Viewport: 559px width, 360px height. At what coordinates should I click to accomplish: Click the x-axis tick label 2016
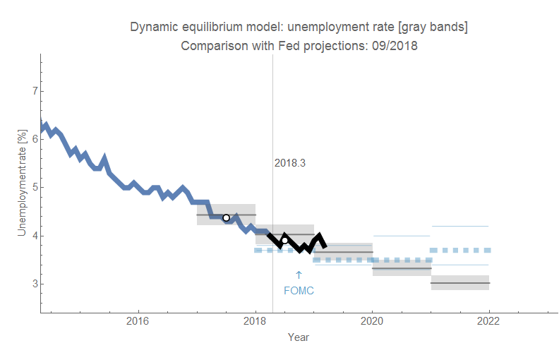point(138,321)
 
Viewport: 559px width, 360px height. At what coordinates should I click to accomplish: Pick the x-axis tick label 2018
point(255,321)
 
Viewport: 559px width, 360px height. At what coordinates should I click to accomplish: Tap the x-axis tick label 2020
point(372,321)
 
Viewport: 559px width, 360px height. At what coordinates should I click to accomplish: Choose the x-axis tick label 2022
point(488,321)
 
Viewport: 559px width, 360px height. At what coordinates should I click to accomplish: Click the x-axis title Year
point(298,337)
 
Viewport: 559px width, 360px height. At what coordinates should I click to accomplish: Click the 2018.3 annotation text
point(289,163)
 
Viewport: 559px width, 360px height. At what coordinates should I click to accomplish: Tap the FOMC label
point(299,290)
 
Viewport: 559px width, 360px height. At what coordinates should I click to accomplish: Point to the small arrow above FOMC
point(299,275)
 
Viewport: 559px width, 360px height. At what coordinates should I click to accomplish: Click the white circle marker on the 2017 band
point(226,217)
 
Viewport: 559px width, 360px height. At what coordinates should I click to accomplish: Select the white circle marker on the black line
point(285,241)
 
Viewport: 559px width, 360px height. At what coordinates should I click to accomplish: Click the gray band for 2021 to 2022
point(459,282)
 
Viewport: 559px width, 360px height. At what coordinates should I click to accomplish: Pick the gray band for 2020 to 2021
point(401,268)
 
